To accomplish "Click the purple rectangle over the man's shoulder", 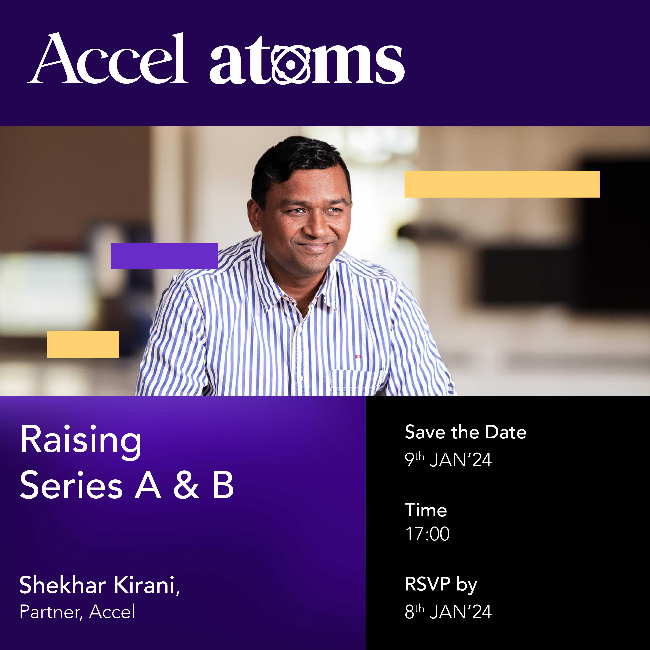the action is (165, 256).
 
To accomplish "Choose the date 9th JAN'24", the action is (448, 460).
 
